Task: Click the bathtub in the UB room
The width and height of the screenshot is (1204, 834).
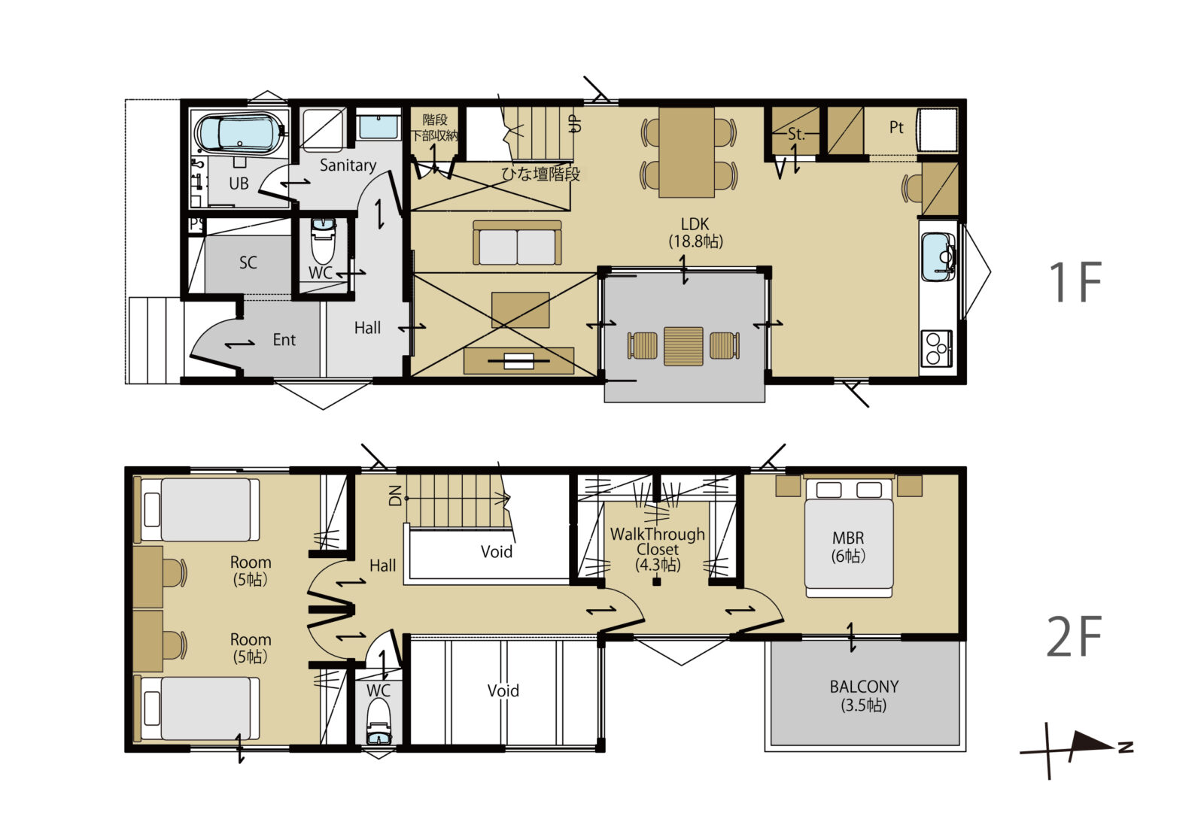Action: (x=240, y=134)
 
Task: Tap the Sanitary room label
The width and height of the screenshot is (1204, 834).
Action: (x=348, y=165)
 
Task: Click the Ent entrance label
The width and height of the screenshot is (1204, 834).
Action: (x=284, y=340)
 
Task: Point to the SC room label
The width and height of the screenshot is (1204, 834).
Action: (x=248, y=262)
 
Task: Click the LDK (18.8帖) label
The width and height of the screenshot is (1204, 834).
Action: (x=695, y=232)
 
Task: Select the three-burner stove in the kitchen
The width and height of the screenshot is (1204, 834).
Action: (x=936, y=348)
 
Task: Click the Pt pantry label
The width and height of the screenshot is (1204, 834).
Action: (x=896, y=127)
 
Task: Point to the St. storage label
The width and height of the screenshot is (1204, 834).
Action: (x=797, y=134)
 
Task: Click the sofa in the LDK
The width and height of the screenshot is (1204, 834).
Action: (x=517, y=242)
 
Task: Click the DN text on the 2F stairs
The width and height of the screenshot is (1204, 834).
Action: (x=395, y=495)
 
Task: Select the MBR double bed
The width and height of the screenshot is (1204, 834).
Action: (x=849, y=538)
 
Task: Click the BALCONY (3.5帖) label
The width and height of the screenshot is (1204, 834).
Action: (x=864, y=695)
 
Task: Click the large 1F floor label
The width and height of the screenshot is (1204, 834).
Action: (x=1075, y=282)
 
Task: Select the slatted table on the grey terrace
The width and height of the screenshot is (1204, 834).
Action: (x=683, y=347)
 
